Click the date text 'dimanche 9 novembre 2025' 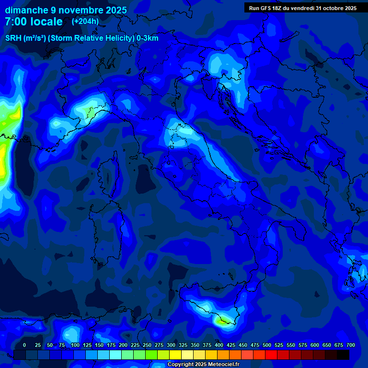(66, 10)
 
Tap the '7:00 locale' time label (34, 22)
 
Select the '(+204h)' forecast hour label (85, 21)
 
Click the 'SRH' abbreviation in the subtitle (13, 38)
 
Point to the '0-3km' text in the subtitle (147, 38)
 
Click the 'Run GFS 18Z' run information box (302, 8)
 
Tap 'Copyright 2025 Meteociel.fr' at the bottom (203, 365)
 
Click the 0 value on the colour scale (24, 345)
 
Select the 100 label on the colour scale (75, 345)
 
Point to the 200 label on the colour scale (123, 345)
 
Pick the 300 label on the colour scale (171, 345)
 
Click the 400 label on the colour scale (219, 345)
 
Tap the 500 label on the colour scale (267, 345)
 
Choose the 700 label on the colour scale (351, 345)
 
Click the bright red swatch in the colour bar (271, 355)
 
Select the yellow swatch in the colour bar (175, 355)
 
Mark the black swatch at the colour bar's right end (343, 355)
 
